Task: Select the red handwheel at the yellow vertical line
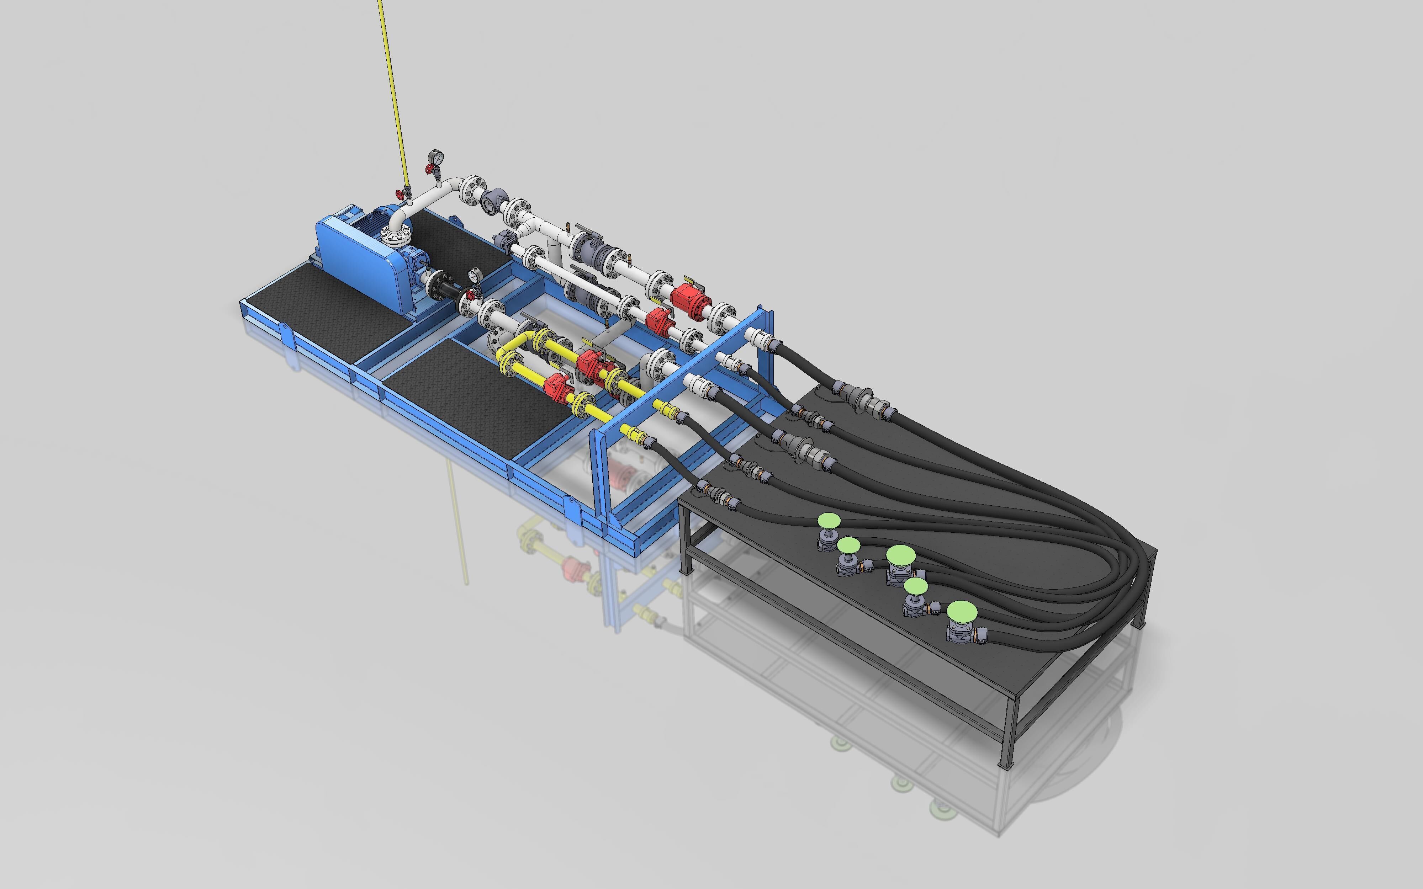[403, 192]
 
